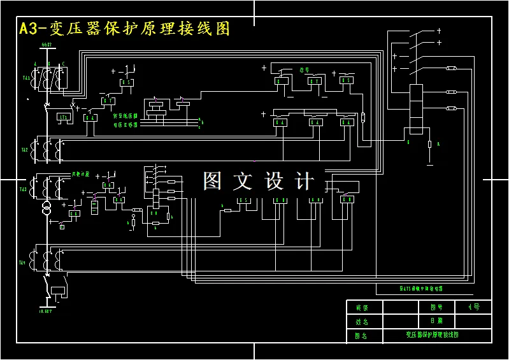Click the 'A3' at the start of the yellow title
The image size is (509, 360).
point(28,29)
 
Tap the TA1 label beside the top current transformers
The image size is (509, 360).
point(26,78)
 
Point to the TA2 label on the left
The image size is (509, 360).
point(24,150)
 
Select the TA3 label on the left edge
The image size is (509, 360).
point(23,189)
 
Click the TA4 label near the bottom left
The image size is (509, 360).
point(23,263)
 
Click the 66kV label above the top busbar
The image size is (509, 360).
point(46,45)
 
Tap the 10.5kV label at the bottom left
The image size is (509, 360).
point(45,311)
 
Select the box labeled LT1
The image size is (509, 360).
point(64,117)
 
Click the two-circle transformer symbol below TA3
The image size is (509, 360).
point(46,209)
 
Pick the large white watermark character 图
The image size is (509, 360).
point(213,181)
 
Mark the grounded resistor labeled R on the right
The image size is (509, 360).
point(430,145)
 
